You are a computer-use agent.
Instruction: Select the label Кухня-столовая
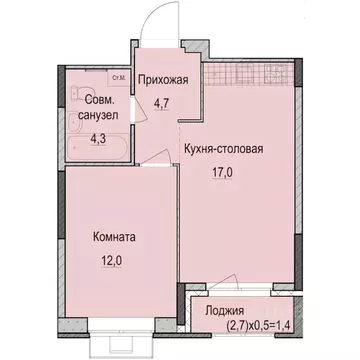(223, 151)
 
